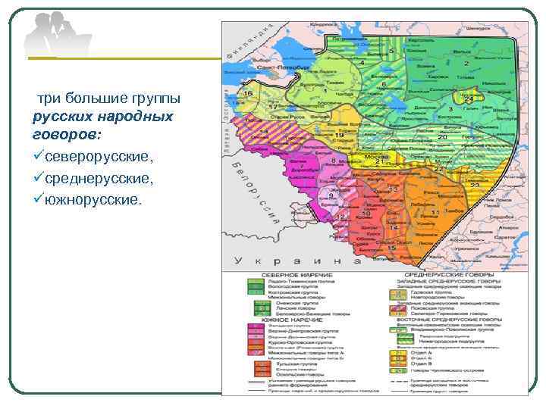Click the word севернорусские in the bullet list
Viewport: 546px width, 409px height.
coord(98,155)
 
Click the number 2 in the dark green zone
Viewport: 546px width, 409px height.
coord(464,64)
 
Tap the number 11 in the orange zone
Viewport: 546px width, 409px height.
coord(435,213)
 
